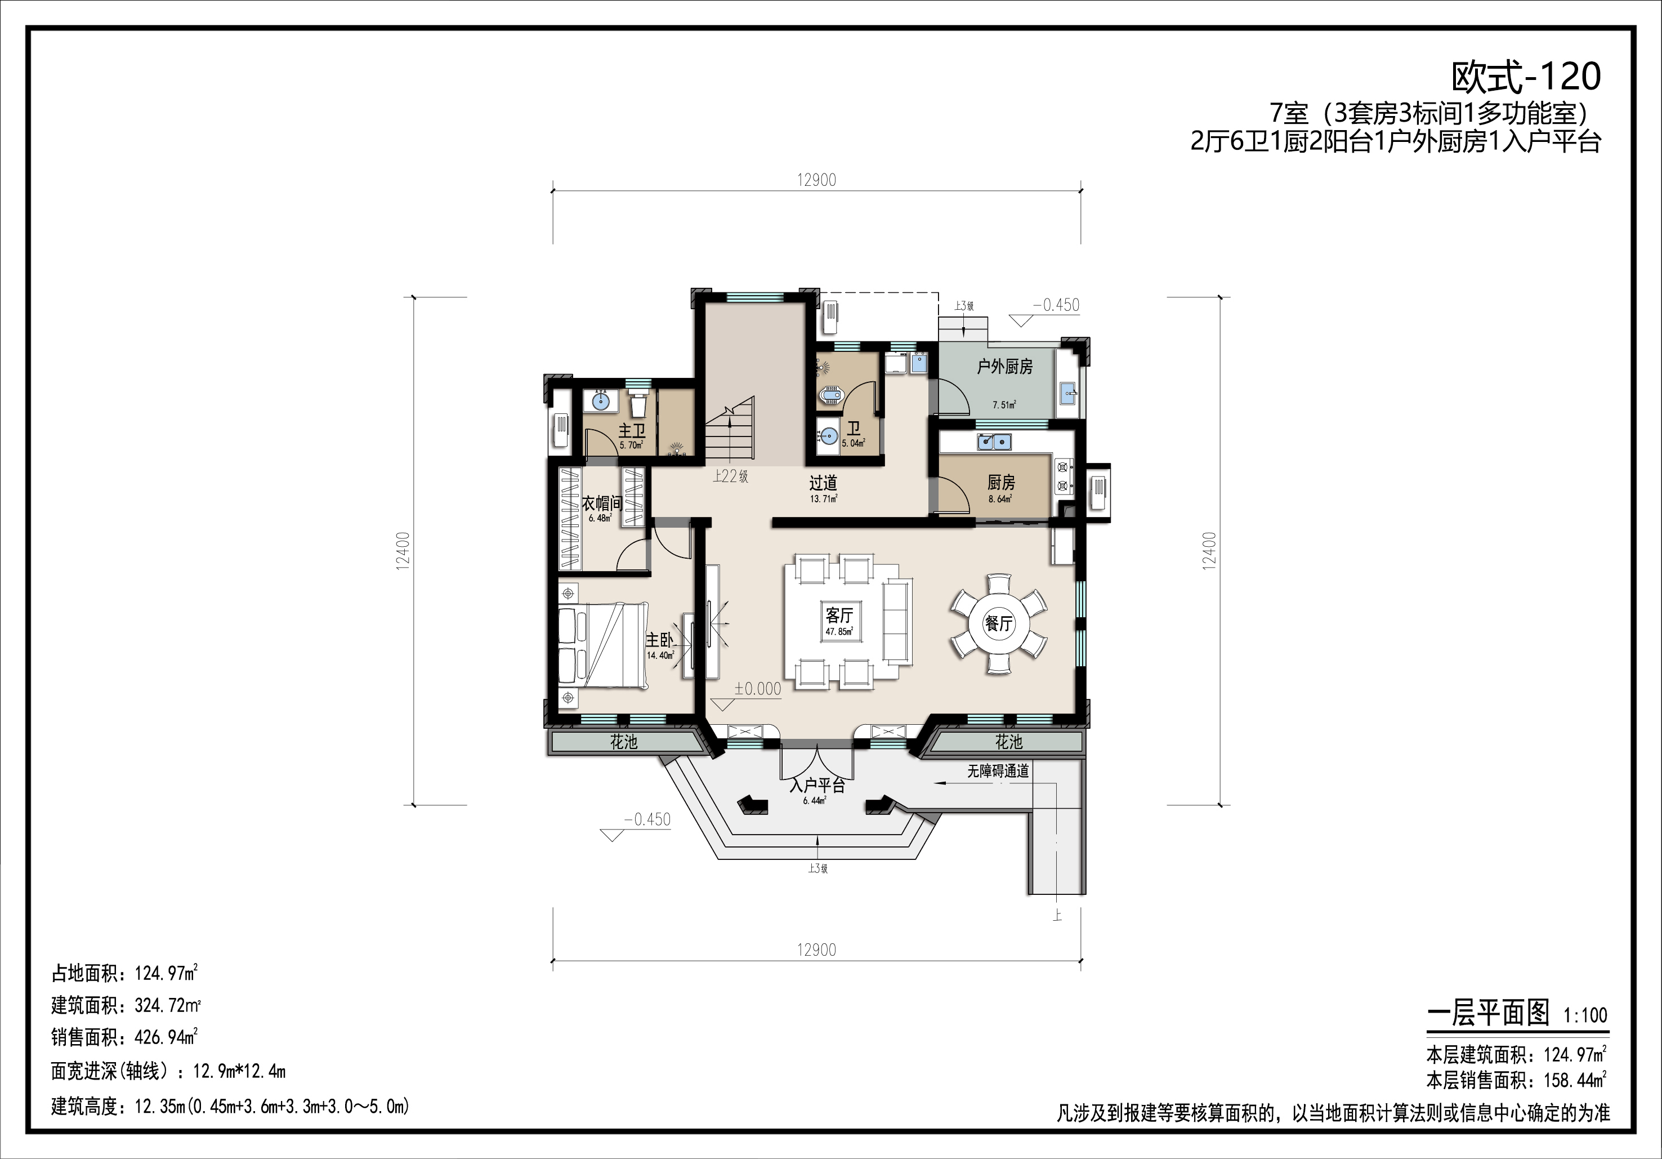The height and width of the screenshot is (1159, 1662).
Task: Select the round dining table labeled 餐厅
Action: coord(999,623)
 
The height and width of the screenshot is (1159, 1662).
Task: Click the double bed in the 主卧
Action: coord(603,645)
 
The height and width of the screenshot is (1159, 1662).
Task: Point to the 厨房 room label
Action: coord(1001,482)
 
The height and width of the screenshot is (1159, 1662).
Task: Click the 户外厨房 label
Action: coord(1005,367)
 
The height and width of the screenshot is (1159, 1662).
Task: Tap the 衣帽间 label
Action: coord(601,503)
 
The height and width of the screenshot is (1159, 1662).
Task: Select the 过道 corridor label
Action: coord(823,482)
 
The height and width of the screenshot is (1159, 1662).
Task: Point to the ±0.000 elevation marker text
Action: coord(758,688)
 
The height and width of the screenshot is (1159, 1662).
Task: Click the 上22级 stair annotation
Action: coord(730,476)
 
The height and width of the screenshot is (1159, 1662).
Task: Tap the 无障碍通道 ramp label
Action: coord(998,772)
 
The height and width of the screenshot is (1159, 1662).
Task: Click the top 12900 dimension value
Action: coord(816,180)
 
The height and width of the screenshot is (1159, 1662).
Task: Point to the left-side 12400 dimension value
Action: coord(403,551)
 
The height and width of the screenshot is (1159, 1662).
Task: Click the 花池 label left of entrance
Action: coord(623,742)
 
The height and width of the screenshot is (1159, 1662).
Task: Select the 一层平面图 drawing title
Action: coord(1487,1014)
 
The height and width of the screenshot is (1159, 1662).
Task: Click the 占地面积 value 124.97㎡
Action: coord(167,973)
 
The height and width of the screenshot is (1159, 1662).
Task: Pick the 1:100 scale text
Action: coord(1585,1015)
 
